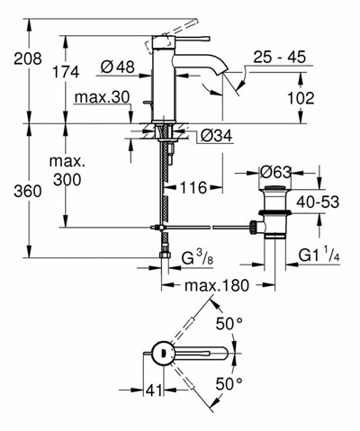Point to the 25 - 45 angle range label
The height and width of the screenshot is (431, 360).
tap(279, 57)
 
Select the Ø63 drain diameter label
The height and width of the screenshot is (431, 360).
tap(276, 172)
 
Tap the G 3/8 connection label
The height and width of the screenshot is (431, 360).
tap(200, 262)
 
